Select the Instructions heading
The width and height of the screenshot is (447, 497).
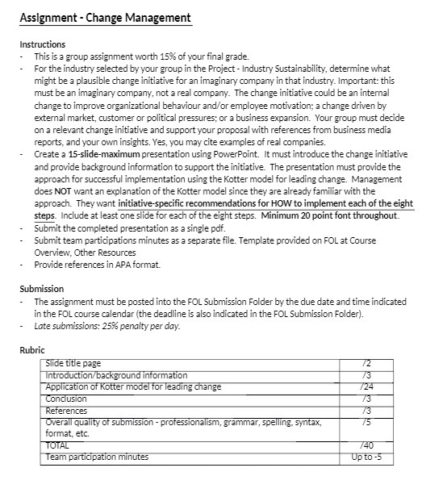coord(43,44)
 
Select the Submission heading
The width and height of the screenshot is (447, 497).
coord(41,289)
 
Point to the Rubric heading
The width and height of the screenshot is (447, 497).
coord(33,350)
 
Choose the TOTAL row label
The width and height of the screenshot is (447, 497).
coord(57,445)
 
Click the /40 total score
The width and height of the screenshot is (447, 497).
coord(367,445)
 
